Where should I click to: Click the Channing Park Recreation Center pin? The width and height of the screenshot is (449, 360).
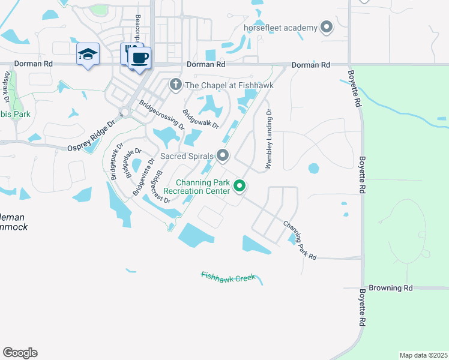coord(240,187)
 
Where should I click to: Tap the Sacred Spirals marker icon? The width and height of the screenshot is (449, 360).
coord(223,156)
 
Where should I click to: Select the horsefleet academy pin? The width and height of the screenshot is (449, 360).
coord(327,27)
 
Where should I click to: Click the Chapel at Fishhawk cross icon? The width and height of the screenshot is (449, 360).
coord(176,85)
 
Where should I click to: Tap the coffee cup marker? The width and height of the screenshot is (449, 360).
coord(139,58)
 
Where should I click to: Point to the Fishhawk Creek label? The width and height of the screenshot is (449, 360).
coord(228,277)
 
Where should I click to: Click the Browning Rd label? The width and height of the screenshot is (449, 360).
coord(391,288)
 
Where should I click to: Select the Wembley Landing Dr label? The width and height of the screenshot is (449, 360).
coord(269,139)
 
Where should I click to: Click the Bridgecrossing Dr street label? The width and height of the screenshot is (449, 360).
coord(162,115)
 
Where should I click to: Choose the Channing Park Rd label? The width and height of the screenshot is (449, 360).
coord(300,240)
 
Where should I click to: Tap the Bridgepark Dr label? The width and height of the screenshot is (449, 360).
coord(113,163)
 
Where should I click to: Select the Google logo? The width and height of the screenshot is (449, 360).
coord(20,353)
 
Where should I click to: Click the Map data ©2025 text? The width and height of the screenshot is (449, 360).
coord(424,355)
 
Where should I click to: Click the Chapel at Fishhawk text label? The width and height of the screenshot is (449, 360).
coord(229,86)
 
